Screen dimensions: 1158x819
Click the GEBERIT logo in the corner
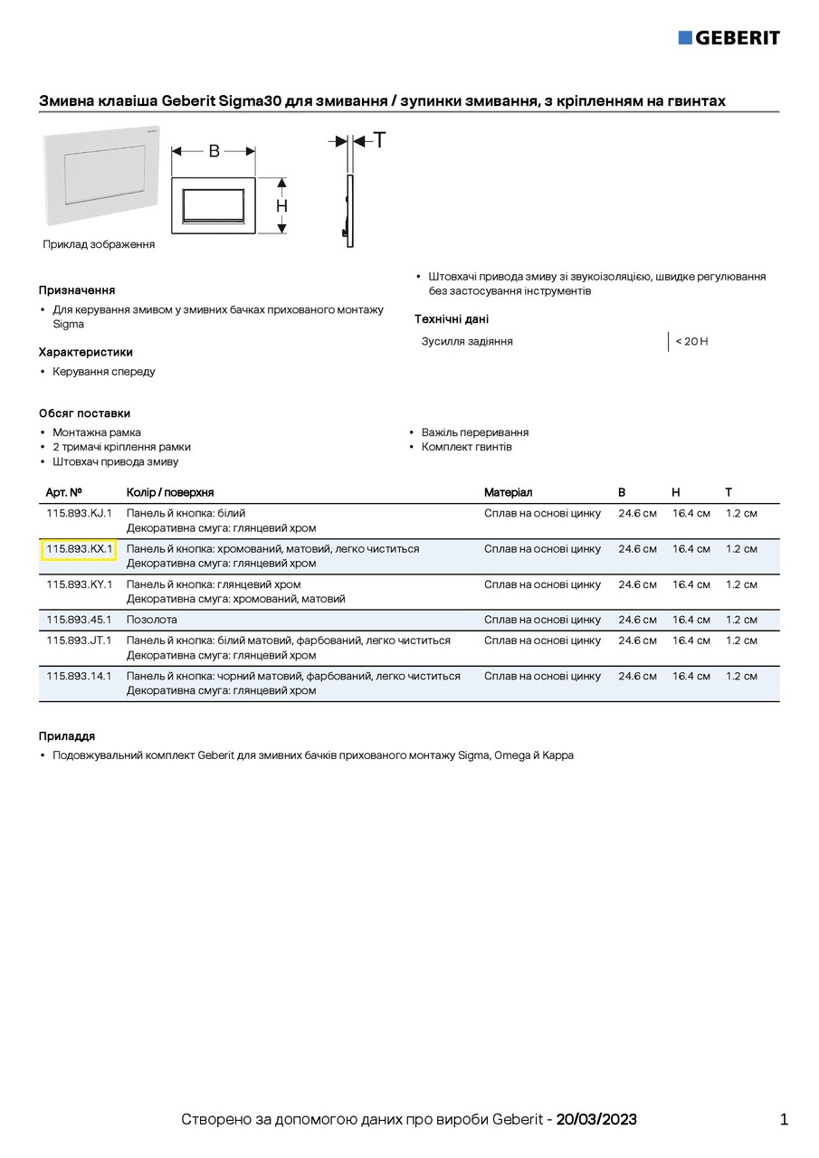coord(729,37)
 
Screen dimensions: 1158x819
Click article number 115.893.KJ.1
coord(79,513)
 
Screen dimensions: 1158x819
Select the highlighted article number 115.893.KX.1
coord(79,549)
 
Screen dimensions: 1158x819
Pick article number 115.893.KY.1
coord(79,584)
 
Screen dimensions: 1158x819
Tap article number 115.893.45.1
coord(79,620)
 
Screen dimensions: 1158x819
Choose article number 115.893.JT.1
coord(79,641)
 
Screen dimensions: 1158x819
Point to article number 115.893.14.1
coord(79,676)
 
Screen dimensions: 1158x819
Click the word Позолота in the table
coord(152,620)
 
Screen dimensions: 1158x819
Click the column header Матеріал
coord(508,492)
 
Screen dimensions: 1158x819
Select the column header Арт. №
coord(64,492)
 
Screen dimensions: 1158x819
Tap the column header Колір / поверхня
coord(170,492)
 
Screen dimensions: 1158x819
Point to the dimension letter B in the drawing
coord(214,151)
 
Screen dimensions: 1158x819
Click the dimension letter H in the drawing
coord(281,206)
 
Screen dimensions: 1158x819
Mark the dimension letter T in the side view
coord(379,140)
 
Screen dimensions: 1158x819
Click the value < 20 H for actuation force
coord(691,341)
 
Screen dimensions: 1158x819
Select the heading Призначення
coord(77,290)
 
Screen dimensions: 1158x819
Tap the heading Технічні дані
coord(452,319)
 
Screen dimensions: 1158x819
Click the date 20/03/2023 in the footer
coord(596,1119)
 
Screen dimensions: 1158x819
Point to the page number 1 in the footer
coord(784,1119)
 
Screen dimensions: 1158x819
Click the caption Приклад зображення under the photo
coord(99,244)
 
